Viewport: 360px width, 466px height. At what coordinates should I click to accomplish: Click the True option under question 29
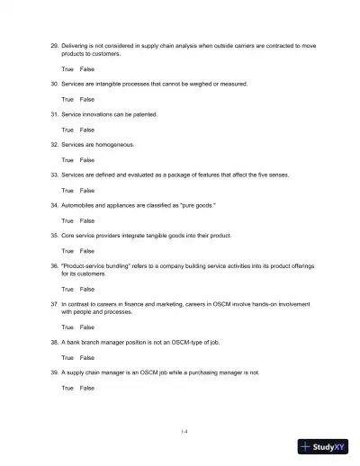[67, 68]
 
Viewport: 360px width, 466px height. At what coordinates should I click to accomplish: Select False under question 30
[87, 99]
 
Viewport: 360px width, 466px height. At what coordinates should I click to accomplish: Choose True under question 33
[67, 191]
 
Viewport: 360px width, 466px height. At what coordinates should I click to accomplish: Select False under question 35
[87, 251]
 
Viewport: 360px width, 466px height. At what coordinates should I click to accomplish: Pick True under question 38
[67, 357]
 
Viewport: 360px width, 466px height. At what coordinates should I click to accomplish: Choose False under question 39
[87, 388]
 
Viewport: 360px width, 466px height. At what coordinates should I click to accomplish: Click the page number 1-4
[184, 432]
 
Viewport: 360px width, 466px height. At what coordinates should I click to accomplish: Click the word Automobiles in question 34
[79, 205]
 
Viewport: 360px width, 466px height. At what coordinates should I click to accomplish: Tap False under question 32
[87, 159]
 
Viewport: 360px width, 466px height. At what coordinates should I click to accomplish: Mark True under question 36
[67, 290]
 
